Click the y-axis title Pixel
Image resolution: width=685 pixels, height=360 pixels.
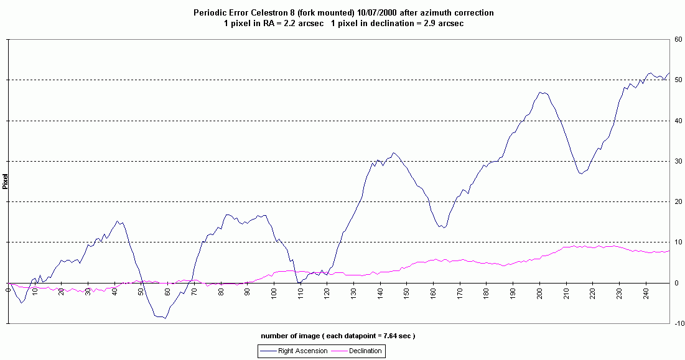(x=5, y=181)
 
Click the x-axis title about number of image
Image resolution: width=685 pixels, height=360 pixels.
(x=338, y=336)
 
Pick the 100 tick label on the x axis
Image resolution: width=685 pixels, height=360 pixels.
(x=274, y=291)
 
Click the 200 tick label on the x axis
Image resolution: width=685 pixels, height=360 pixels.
(x=539, y=291)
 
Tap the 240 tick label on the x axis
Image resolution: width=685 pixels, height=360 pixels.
(x=646, y=291)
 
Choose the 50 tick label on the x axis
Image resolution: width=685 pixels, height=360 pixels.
(x=141, y=291)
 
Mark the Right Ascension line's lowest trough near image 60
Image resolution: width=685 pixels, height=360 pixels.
(x=165, y=318)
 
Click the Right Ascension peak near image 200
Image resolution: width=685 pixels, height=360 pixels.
(x=541, y=93)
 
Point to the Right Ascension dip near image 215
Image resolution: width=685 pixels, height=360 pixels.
(x=580, y=173)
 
